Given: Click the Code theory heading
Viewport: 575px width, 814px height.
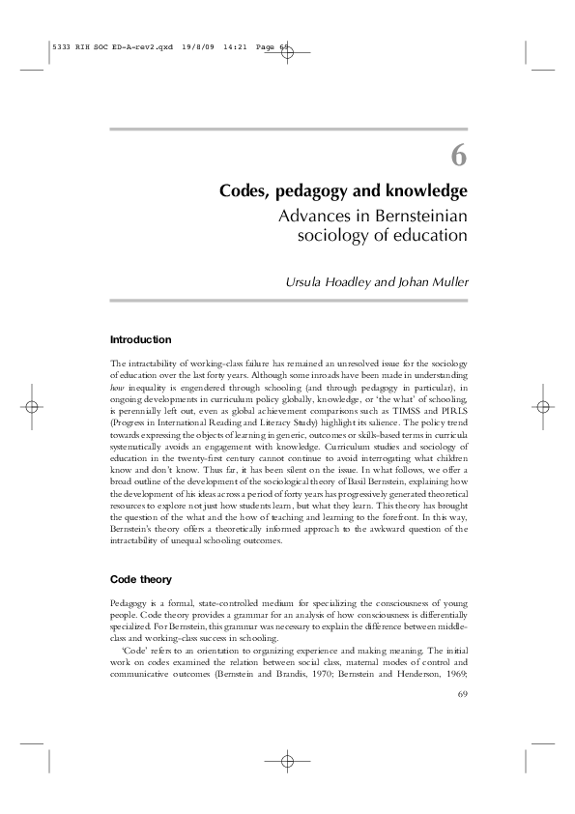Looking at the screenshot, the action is pyautogui.click(x=142, y=579).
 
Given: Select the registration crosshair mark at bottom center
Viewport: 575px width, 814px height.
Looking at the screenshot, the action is pyautogui.click(x=287, y=762).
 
